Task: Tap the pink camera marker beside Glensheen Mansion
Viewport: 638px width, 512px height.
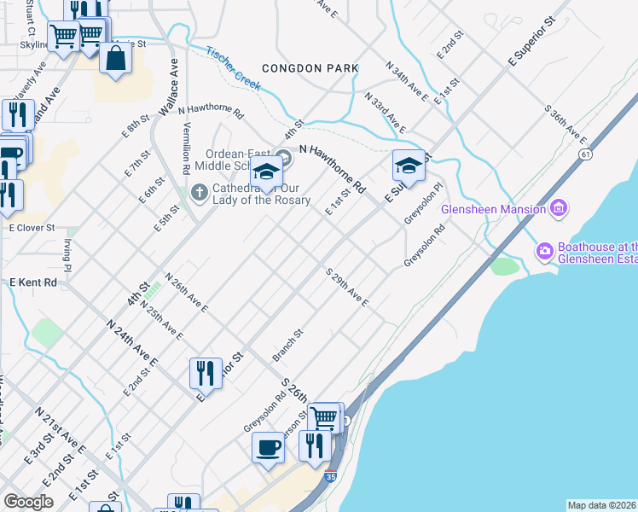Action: (560, 207)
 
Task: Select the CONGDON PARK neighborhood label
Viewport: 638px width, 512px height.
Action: (310, 67)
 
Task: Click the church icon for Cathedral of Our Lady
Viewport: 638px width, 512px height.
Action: (200, 190)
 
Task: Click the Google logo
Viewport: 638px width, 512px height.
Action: (28, 501)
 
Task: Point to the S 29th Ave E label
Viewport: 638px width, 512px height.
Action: (346, 288)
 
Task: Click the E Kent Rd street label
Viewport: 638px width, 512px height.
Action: (33, 282)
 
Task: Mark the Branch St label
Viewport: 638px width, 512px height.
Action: (287, 344)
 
